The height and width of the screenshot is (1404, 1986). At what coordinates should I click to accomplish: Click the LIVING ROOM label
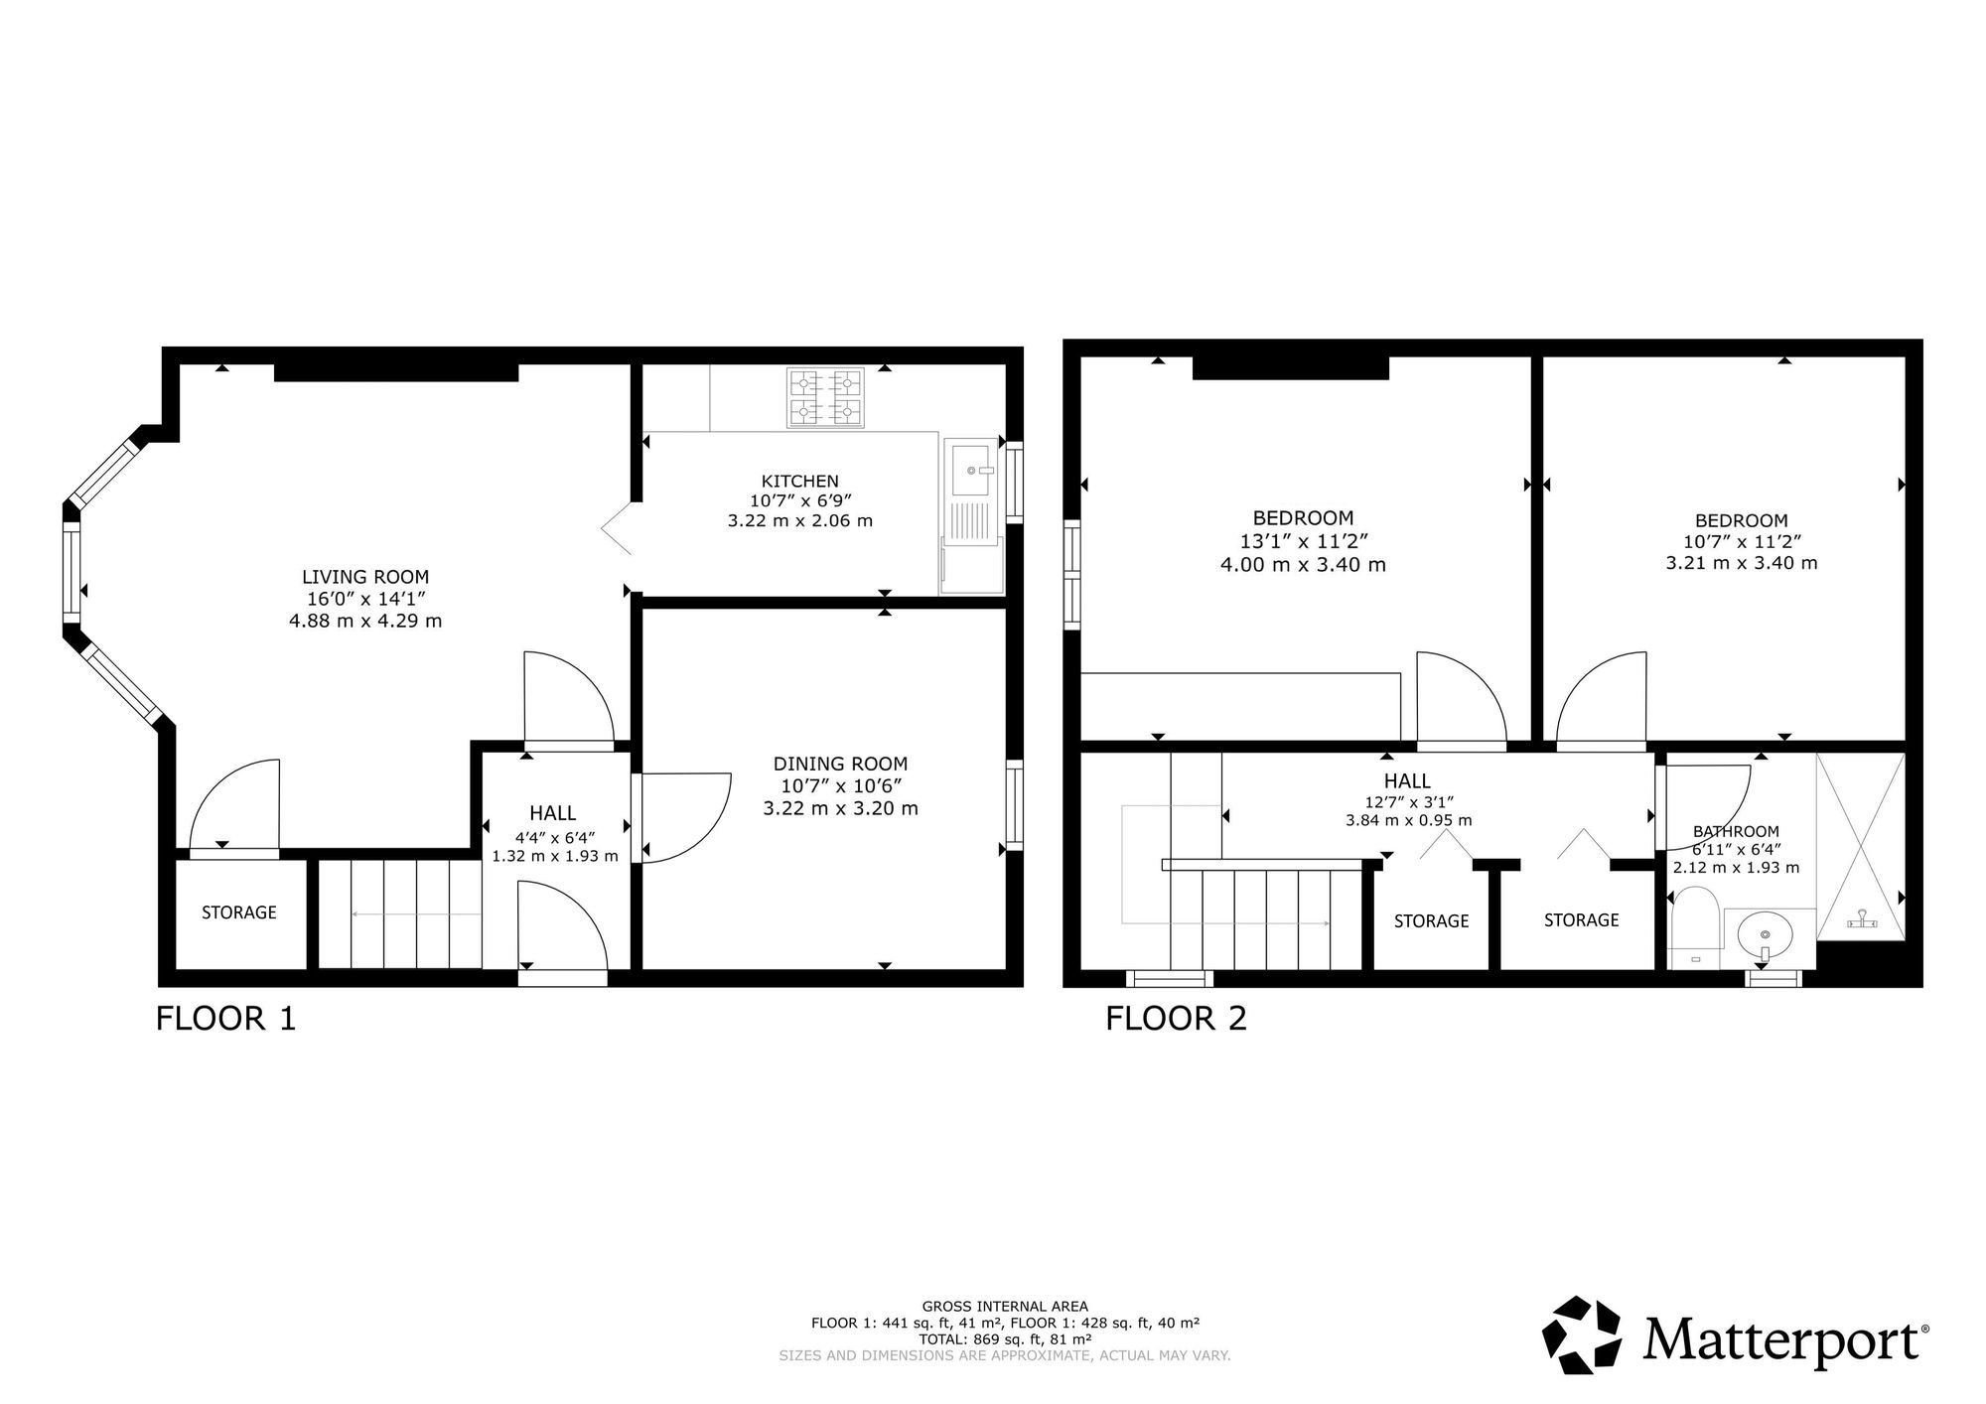[365, 577]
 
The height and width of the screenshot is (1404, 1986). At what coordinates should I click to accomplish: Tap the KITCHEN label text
[800, 482]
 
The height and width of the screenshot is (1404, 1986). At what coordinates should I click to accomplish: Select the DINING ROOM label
[840, 764]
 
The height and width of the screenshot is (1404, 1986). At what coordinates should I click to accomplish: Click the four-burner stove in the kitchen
[825, 397]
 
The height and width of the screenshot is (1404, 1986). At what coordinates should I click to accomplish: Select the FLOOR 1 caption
[226, 1019]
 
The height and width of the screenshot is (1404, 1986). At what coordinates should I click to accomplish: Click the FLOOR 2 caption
[1176, 1019]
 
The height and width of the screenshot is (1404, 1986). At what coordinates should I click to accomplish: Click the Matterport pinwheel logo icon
[1586, 1335]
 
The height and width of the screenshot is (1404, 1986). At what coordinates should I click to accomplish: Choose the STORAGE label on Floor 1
[239, 913]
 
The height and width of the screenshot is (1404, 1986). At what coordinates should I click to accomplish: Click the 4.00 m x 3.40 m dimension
[1303, 565]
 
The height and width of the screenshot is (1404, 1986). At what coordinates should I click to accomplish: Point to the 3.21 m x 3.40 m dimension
[1742, 563]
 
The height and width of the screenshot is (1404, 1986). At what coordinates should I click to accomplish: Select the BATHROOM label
[1736, 832]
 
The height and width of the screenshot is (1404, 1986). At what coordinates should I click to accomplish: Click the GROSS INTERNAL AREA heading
[1005, 1307]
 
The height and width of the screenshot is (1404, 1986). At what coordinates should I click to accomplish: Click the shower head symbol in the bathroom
[1863, 920]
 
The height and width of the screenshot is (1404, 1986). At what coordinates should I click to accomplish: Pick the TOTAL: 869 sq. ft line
[1005, 1338]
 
